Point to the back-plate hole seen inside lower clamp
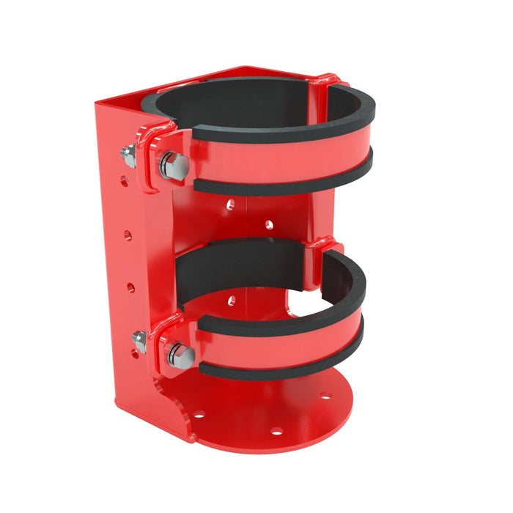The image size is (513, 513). (232, 300)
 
